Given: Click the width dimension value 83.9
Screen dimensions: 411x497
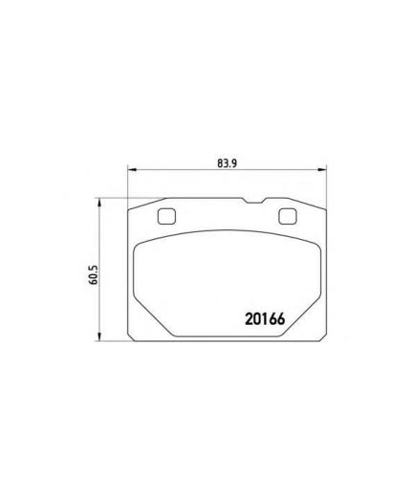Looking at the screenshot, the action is pyautogui.click(x=227, y=163).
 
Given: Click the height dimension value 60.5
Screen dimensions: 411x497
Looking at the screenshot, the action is pyautogui.click(x=94, y=274).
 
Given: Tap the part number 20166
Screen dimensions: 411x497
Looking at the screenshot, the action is pyautogui.click(x=265, y=319).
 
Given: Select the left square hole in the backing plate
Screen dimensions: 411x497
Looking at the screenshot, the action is pyautogui.click(x=166, y=216).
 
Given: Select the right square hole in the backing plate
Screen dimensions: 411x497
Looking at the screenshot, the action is pyautogui.click(x=288, y=216).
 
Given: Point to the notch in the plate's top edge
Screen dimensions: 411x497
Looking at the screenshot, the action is pyautogui.click(x=254, y=201).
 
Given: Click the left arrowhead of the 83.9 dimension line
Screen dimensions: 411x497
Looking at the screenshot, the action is pyautogui.click(x=132, y=170).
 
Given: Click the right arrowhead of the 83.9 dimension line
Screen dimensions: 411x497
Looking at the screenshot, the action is pyautogui.click(x=322, y=170).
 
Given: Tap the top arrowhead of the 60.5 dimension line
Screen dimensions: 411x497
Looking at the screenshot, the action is pyautogui.click(x=99, y=203).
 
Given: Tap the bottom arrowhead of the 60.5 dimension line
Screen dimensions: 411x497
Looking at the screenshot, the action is pyautogui.click(x=99, y=336).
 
